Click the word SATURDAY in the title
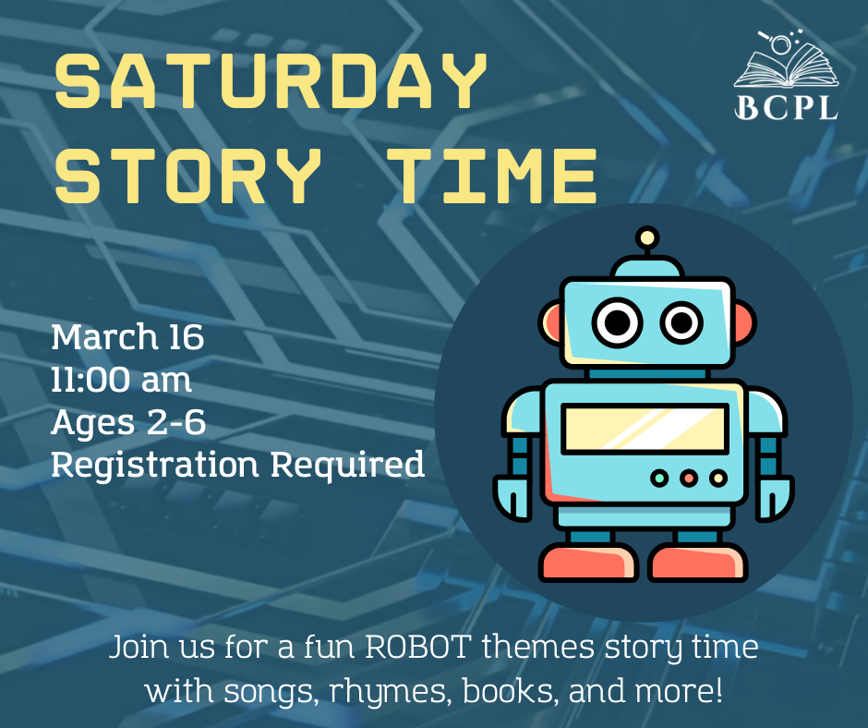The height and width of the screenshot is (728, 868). coord(271,81)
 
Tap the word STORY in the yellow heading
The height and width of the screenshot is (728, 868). coord(187,176)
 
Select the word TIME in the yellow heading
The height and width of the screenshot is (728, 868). coord(492,176)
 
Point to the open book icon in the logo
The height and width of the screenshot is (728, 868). coord(786,61)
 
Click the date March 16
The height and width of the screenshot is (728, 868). coord(127,337)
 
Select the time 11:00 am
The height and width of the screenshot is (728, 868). coord(121,380)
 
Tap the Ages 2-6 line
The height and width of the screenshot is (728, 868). coord(128,422)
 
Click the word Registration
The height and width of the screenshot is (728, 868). coord(154,465)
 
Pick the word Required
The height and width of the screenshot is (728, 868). coord(347,465)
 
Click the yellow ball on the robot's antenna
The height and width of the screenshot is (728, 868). coord(647,238)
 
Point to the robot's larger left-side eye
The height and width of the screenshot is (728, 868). coord(617,322)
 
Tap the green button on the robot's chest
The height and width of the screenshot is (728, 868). coord(658,478)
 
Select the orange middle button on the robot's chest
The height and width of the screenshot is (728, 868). coord(689,478)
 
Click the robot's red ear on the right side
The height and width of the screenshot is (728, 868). coord(744,323)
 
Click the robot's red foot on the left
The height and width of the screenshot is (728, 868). coord(588,563)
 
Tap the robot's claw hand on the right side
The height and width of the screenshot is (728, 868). coord(775,498)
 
